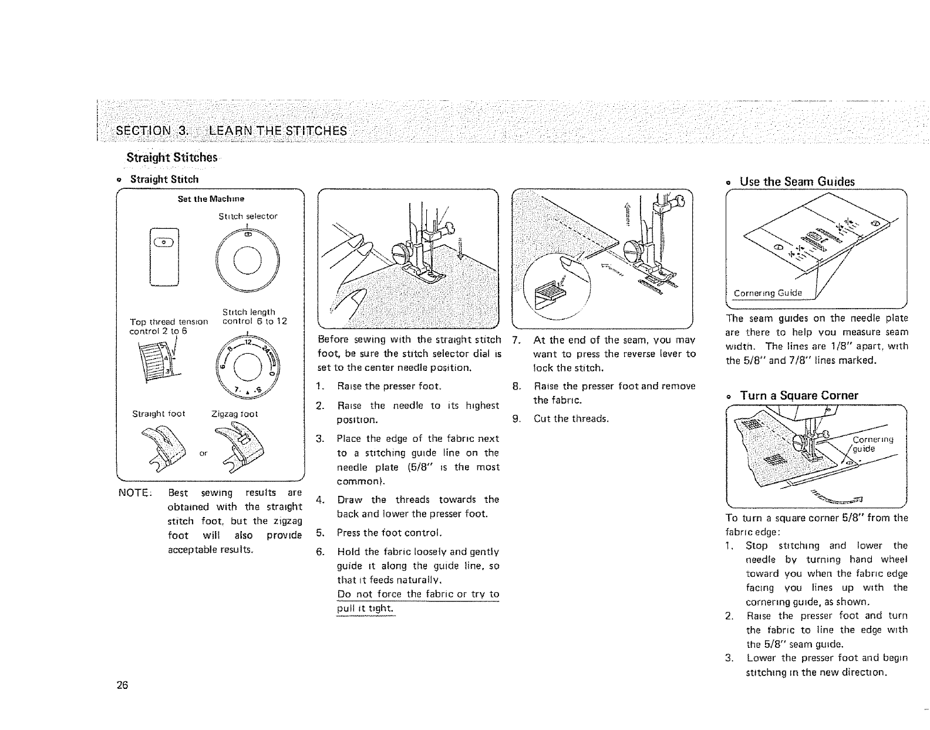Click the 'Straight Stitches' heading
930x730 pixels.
tap(171, 158)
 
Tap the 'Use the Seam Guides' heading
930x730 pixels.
tap(797, 181)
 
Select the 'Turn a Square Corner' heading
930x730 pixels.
tap(799, 396)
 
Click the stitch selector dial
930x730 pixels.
tap(247, 257)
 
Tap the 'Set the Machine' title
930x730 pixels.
tap(211, 199)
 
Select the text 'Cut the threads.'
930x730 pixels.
tap(571, 419)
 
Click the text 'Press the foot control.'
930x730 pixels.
tap(388, 533)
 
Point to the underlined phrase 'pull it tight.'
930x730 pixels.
tap(363, 609)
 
